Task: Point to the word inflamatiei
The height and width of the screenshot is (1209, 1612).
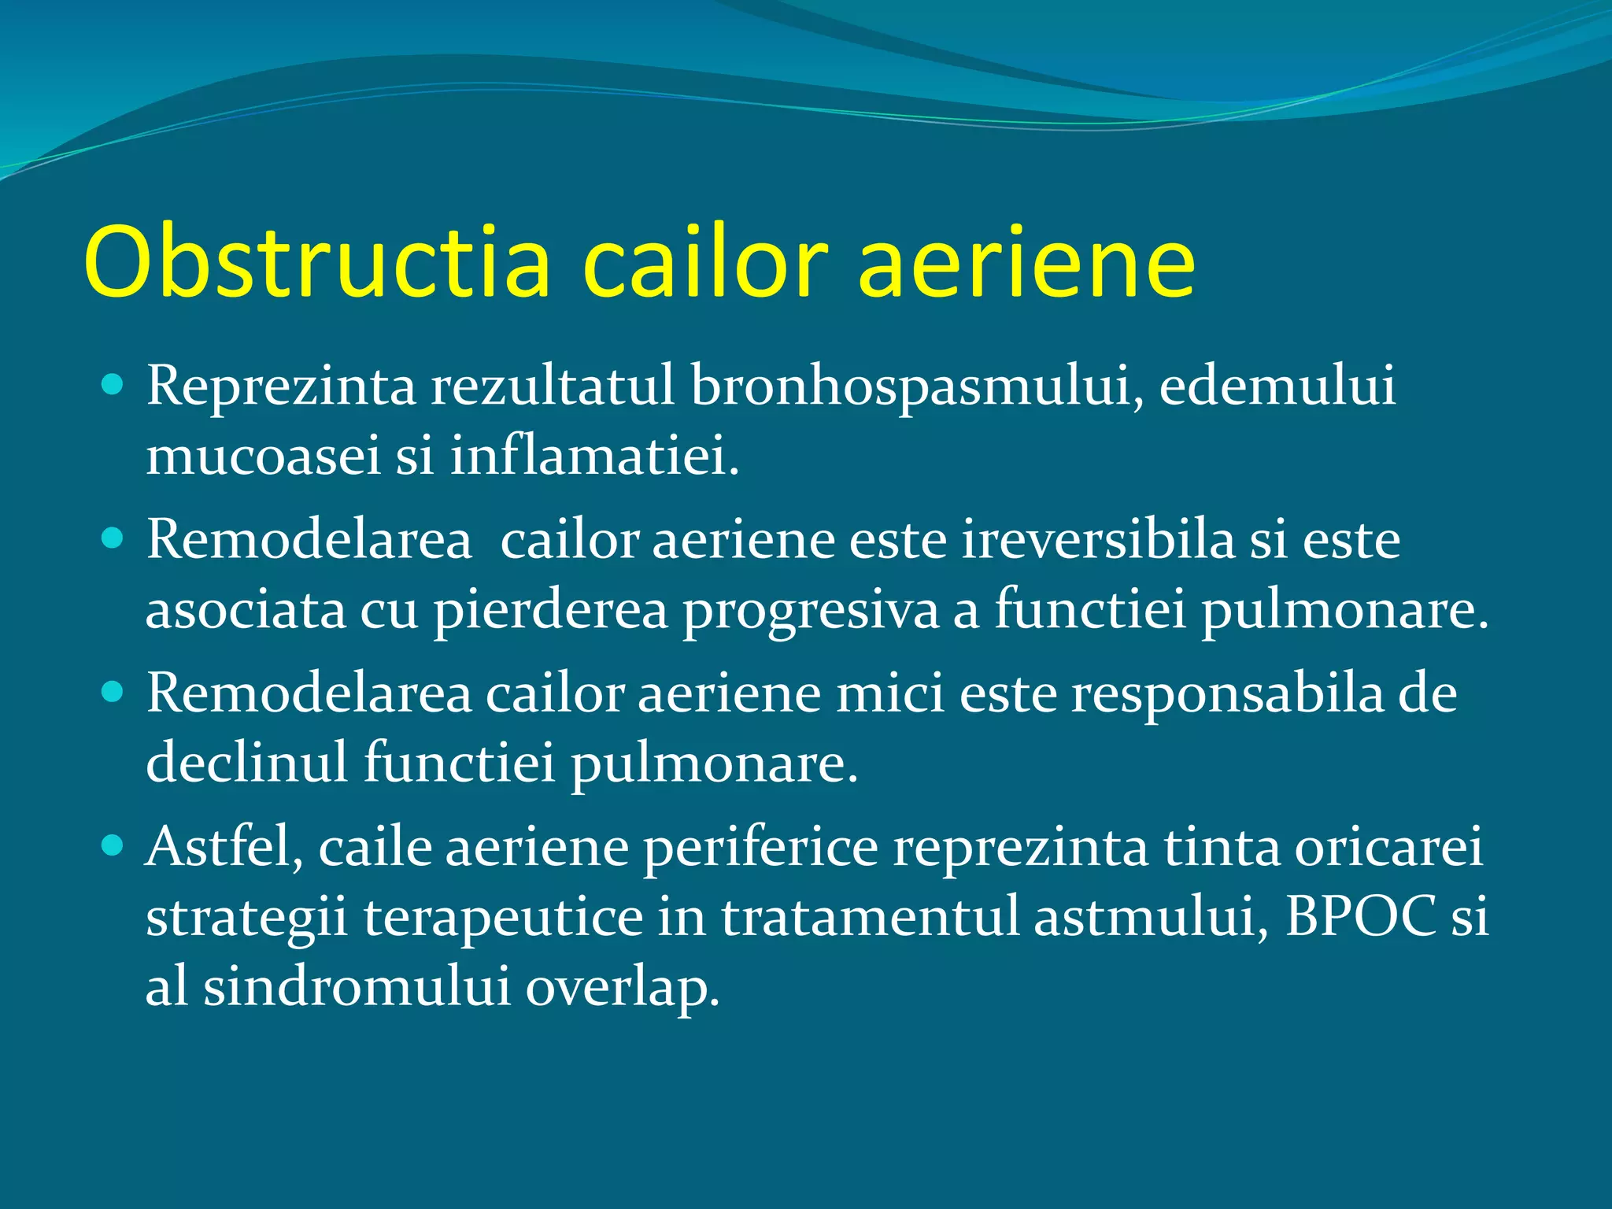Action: coord(594,456)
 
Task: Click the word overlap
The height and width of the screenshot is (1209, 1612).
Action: coord(622,988)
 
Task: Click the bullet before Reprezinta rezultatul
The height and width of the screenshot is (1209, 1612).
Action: coord(113,385)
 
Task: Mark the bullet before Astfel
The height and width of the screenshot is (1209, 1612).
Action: coord(113,846)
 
